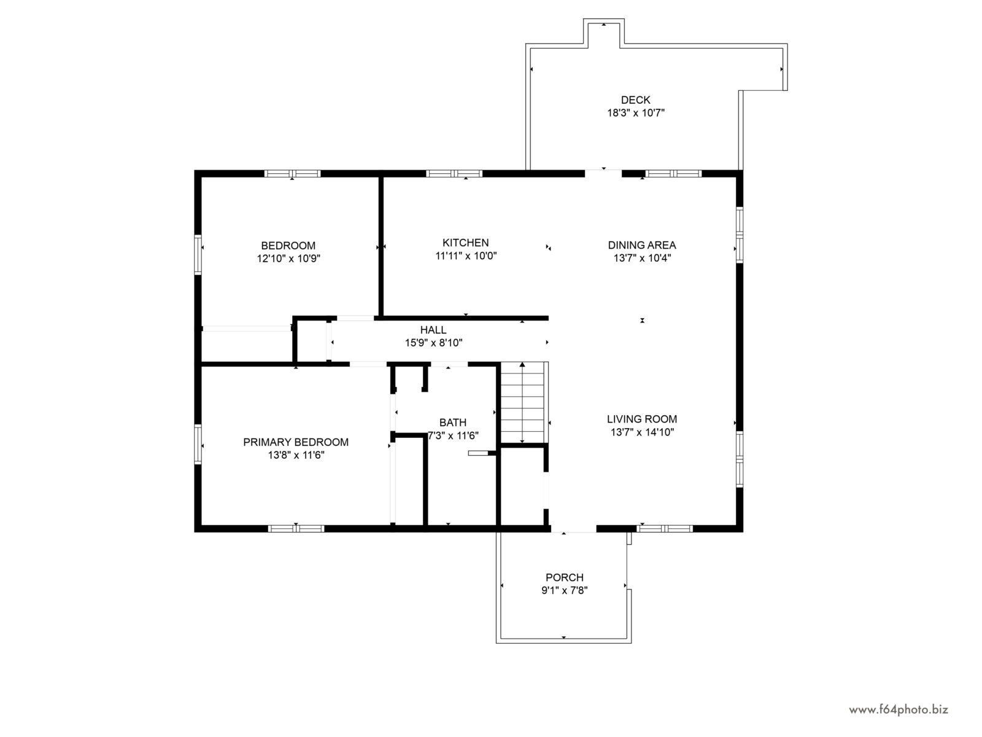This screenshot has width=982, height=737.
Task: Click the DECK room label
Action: click(x=635, y=99)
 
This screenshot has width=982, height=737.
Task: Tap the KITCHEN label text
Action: click(x=466, y=243)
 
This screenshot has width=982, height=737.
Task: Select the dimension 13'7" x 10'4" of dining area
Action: click(x=642, y=258)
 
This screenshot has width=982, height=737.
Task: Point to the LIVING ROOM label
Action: click(x=642, y=419)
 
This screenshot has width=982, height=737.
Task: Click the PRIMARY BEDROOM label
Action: click(x=296, y=442)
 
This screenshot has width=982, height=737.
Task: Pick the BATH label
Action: click(x=453, y=423)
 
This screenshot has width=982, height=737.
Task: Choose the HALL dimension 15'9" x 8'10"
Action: click(x=433, y=343)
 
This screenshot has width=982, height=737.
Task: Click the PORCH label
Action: click(x=565, y=577)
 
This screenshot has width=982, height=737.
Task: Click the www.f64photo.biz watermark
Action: click(x=899, y=709)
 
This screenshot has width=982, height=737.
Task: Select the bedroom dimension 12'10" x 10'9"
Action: click(x=288, y=258)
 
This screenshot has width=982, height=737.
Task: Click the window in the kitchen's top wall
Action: click(x=454, y=174)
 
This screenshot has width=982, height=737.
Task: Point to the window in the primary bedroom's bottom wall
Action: click(x=296, y=528)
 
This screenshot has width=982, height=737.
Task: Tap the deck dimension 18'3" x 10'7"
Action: click(x=636, y=113)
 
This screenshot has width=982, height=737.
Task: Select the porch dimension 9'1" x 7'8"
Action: click(x=565, y=590)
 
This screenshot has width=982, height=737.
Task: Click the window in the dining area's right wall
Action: click(x=740, y=235)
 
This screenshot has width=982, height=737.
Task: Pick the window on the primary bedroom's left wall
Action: click(x=198, y=444)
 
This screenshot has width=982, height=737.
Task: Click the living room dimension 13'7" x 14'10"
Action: click(x=642, y=432)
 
